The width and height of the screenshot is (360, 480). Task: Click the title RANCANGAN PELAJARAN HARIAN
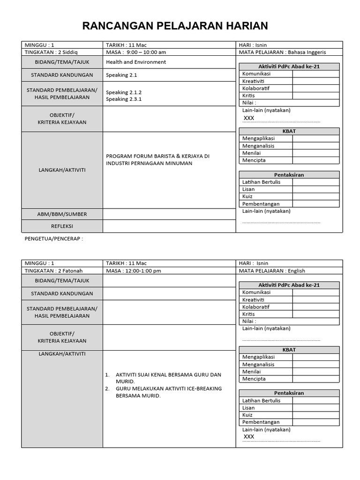[x=175, y=26]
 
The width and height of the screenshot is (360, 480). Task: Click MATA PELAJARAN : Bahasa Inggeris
[x=282, y=52]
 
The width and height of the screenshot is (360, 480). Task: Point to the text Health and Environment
[x=136, y=62]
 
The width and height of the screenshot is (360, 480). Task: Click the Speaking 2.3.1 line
[x=124, y=99]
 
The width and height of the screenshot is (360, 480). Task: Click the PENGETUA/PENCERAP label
[x=53, y=239]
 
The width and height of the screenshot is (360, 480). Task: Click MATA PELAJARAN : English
[x=272, y=271]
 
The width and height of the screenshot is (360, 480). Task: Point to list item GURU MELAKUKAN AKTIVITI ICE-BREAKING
[x=169, y=389]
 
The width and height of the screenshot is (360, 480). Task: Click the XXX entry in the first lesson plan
[x=249, y=118]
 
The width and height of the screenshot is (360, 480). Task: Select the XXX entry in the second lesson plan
[x=249, y=436]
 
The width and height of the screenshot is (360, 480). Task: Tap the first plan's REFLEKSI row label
[x=62, y=226]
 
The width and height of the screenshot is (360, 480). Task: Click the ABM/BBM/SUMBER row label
[x=62, y=214]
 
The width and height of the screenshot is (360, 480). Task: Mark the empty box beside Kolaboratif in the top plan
[x=316, y=89]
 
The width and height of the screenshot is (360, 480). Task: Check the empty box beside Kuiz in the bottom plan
[x=316, y=415]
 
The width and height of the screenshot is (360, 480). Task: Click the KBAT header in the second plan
[x=289, y=350]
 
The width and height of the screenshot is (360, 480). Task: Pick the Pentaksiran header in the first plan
[x=289, y=175]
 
